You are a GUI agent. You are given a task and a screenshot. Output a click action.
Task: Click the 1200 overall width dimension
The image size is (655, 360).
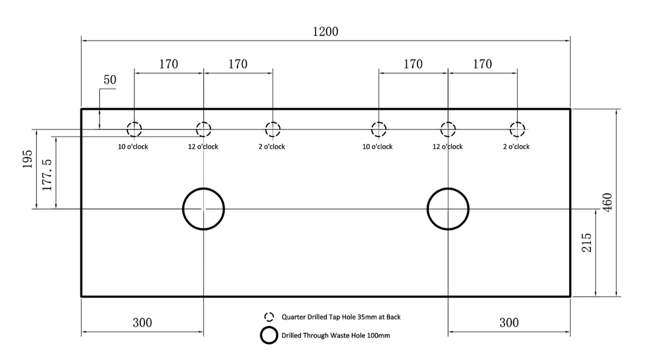pos(325,32)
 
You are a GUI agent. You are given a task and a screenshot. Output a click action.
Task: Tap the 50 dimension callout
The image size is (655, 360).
pos(110,80)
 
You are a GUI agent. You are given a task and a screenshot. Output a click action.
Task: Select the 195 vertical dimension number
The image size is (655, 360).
pos(27,159)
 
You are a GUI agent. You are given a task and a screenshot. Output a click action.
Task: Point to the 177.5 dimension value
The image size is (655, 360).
pos(47,175)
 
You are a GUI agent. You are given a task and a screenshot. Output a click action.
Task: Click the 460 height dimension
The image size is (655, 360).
pos(608,202)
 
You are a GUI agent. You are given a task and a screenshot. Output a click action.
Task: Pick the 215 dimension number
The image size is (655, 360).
pos(586,242)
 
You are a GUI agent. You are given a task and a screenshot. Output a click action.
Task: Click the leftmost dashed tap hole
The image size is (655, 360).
pos(134,122)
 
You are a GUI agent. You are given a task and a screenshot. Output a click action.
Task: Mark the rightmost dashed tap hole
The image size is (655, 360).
pos(517,122)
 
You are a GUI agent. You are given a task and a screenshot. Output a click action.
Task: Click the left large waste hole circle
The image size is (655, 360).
pos(203,188)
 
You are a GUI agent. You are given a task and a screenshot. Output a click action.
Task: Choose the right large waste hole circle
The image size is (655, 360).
pos(448,188)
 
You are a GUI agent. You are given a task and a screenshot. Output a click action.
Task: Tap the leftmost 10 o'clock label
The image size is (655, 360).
pos(133,146)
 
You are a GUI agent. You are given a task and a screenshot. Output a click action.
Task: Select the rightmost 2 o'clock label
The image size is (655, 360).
pos(516,146)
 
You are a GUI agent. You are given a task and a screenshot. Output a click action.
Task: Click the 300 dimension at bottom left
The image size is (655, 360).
pos(142,323)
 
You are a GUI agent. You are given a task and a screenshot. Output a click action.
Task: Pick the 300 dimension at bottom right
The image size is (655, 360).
pos(509,323)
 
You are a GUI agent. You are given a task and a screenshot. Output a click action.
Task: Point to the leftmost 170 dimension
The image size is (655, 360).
pos(168,64)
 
